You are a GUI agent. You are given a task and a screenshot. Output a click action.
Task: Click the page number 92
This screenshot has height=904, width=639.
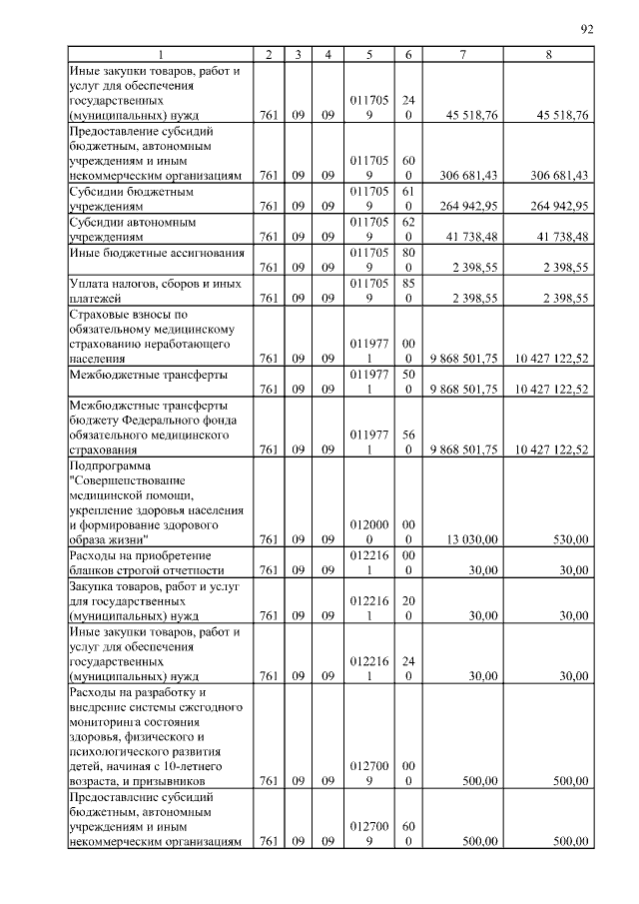coord(587,29)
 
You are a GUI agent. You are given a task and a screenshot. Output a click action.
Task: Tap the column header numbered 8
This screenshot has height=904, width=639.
coord(549,54)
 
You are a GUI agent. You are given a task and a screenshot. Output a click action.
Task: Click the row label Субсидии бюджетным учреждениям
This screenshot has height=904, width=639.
coord(130,198)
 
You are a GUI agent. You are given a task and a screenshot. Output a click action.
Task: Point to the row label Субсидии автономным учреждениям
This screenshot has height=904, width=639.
coord(130,230)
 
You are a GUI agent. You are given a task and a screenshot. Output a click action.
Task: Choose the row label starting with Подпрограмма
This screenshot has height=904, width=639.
coord(110,465)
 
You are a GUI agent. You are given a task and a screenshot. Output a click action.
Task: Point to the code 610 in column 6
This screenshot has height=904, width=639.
coord(408,198)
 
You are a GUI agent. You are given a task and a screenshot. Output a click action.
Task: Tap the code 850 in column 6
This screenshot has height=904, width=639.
coord(408,290)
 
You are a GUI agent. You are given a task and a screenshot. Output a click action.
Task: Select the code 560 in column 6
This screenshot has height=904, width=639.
coord(408,442)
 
